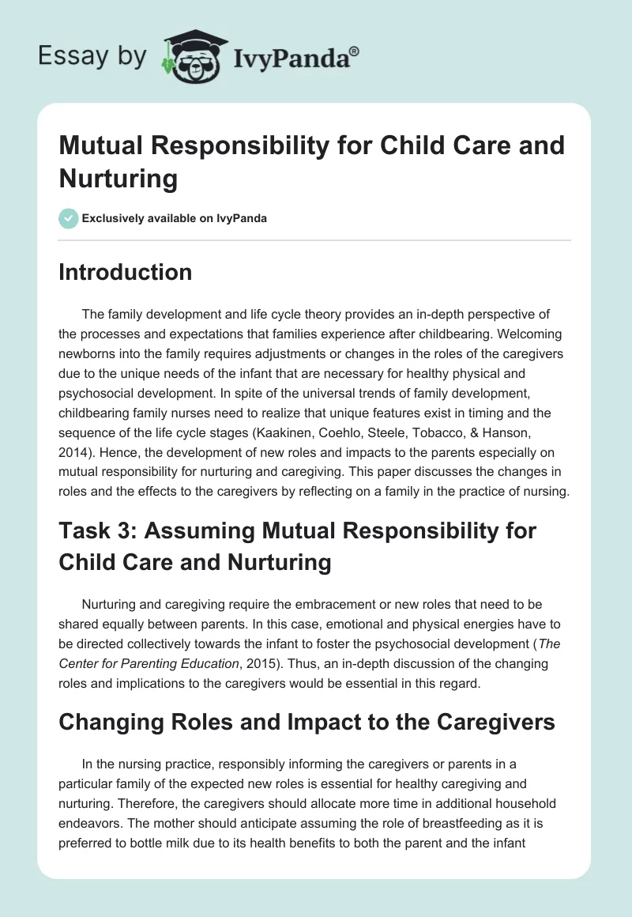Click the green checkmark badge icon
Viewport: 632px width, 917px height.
tap(69, 218)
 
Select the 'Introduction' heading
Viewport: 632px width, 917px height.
tap(126, 273)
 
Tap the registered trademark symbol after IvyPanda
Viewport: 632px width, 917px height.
tap(355, 50)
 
